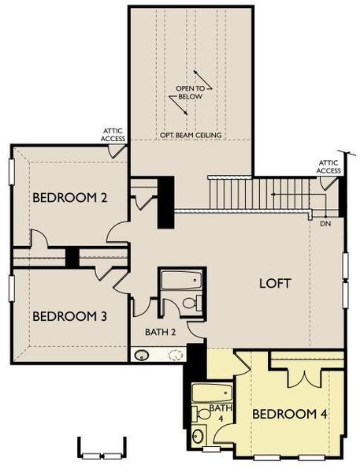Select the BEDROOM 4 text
(x=289, y=414)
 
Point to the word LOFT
(x=276, y=283)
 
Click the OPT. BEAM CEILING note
(x=191, y=136)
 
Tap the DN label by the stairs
(x=325, y=224)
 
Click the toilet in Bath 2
(x=189, y=304)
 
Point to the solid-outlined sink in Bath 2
(x=143, y=355)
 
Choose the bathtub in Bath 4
(x=212, y=393)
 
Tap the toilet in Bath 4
(x=202, y=412)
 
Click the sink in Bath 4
(x=198, y=434)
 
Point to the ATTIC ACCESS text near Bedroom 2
(x=113, y=135)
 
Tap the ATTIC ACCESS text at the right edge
(x=329, y=166)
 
